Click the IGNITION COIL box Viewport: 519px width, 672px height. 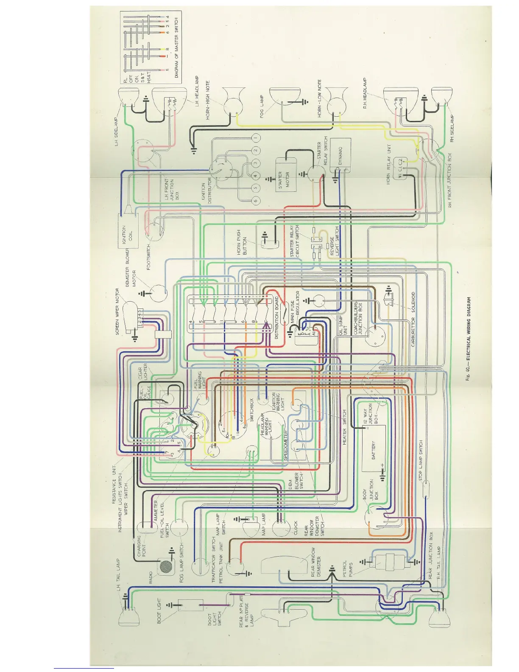pos(128,231)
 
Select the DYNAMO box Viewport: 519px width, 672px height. pos(340,152)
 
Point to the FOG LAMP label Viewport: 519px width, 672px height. pos(262,107)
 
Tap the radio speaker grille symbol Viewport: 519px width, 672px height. pos(165,566)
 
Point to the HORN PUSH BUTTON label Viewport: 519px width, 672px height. pos(242,243)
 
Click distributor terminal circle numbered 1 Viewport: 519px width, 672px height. pos(256,138)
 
